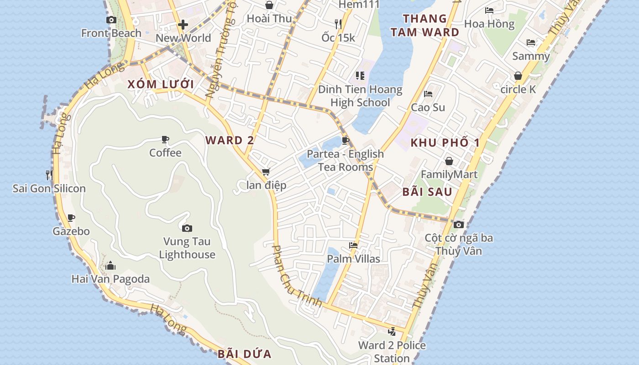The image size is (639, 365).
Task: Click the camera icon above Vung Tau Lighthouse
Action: pyautogui.click(x=187, y=228)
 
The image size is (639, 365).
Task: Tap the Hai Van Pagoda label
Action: pyautogui.click(x=110, y=279)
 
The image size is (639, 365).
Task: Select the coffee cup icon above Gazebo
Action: pyautogui.click(x=71, y=218)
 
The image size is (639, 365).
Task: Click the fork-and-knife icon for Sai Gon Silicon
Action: pyautogui.click(x=49, y=175)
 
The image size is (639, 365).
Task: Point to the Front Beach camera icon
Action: pyautogui.click(x=111, y=20)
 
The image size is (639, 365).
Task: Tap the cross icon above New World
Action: pyautogui.click(x=183, y=25)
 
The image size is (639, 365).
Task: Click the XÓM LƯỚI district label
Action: pyautogui.click(x=161, y=84)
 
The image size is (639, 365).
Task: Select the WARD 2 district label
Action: pyautogui.click(x=230, y=141)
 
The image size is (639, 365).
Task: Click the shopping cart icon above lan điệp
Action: pyautogui.click(x=266, y=172)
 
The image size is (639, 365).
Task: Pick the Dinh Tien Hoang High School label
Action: pyautogui.click(x=360, y=96)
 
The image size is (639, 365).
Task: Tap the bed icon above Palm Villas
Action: pyautogui.click(x=353, y=245)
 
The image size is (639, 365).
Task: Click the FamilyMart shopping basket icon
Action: pyautogui.click(x=449, y=161)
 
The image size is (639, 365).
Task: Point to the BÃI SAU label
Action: pyautogui.click(x=427, y=192)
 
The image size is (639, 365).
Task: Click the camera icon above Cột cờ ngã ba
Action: pyautogui.click(x=459, y=224)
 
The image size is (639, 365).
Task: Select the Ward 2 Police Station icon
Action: pyautogui.click(x=392, y=332)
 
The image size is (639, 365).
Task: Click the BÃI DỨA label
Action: pyautogui.click(x=244, y=354)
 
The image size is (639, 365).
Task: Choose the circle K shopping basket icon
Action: pyautogui.click(x=518, y=76)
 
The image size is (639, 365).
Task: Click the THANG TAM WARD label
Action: pyautogui.click(x=425, y=26)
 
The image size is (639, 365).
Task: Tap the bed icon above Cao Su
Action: pyautogui.click(x=428, y=94)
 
